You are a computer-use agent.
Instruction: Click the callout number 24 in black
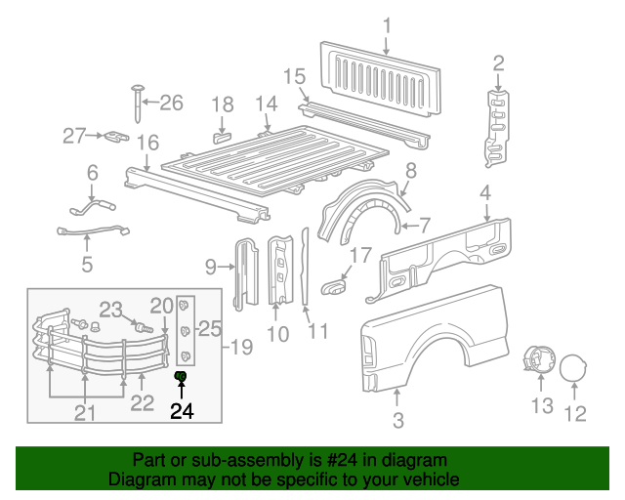click(x=182, y=411)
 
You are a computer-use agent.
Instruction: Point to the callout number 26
click(x=171, y=102)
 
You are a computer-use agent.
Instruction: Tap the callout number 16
click(x=147, y=144)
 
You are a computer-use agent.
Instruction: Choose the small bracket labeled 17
click(x=334, y=285)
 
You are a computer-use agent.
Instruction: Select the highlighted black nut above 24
click(x=181, y=377)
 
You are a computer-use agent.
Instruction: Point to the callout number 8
click(x=410, y=170)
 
